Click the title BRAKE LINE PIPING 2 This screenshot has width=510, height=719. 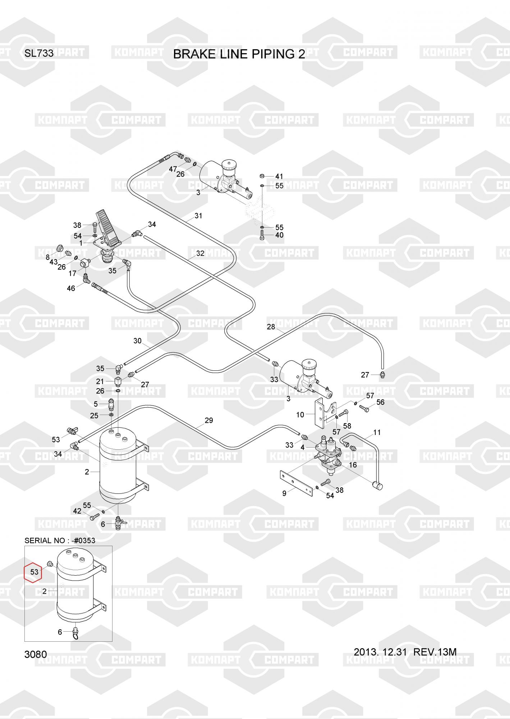pos(239,54)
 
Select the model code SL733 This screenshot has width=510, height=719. pos(39,54)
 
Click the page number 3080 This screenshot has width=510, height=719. pos(36,654)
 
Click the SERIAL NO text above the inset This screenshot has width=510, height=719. pos(60,540)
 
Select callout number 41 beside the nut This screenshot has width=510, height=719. pos(279,176)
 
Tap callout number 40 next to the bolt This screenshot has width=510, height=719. pos(279,235)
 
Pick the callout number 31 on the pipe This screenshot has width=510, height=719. pos(198,216)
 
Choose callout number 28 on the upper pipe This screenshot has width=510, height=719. pos(271,326)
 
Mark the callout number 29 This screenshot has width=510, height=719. pos(209,420)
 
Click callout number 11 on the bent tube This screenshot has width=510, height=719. pos(377,432)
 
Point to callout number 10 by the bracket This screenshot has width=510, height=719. pos(300,415)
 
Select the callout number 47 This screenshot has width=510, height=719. pos(173,169)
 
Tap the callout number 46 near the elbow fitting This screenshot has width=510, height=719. pos(71,288)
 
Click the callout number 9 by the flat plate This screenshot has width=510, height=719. pos(284,493)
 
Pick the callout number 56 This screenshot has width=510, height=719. pos(380,402)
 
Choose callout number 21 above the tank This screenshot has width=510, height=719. pos(100,381)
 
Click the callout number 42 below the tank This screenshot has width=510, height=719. pos(77,511)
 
